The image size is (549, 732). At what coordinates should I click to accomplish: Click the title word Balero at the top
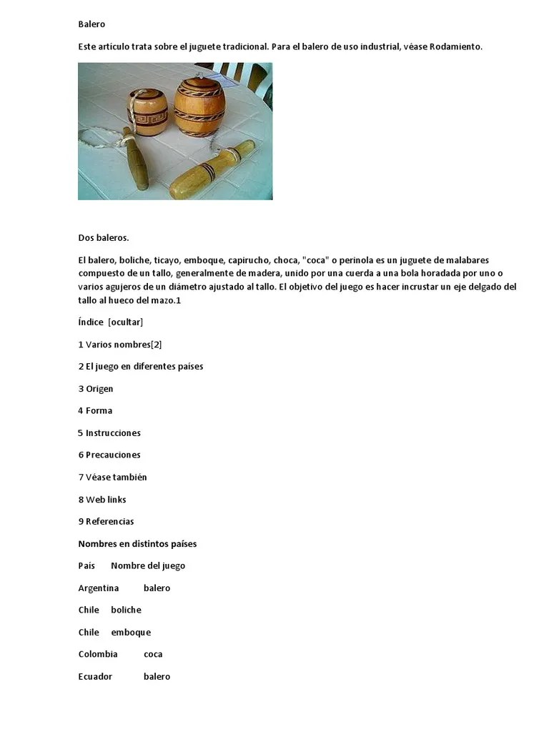pos(91,24)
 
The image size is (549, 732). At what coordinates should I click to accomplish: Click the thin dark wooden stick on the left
pos(137,158)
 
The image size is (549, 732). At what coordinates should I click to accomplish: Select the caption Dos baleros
pos(103,238)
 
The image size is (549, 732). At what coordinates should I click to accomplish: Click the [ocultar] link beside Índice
pos(126,322)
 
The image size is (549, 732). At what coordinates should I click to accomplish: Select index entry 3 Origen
pos(96,389)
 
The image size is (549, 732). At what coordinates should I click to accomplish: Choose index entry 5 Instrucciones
pos(109,433)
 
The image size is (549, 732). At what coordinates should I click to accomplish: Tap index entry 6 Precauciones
pos(109,455)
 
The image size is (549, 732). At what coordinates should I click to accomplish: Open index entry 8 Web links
pos(102,499)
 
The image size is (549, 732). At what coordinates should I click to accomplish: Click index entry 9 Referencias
pos(106,521)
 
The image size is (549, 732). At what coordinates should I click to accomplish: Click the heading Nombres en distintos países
pos(137,544)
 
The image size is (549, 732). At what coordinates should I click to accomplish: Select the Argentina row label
pos(99,588)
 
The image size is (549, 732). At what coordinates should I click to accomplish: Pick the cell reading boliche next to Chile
pos(127,610)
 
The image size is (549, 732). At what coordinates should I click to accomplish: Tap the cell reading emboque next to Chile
pos(131,632)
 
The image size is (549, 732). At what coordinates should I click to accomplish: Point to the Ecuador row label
pos(95,676)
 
